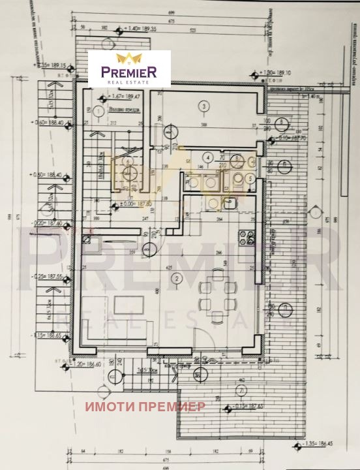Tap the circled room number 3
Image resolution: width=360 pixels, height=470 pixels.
(x=203, y=106)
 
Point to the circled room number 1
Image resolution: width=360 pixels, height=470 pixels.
(x=98, y=112)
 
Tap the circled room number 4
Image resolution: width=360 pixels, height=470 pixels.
(x=207, y=157)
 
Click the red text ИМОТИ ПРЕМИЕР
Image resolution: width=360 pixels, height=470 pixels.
(x=145, y=406)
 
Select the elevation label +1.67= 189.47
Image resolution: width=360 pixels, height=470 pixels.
(x=117, y=95)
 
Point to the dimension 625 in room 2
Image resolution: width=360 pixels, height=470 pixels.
(x=170, y=267)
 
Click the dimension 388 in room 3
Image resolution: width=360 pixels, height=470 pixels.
(x=203, y=125)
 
